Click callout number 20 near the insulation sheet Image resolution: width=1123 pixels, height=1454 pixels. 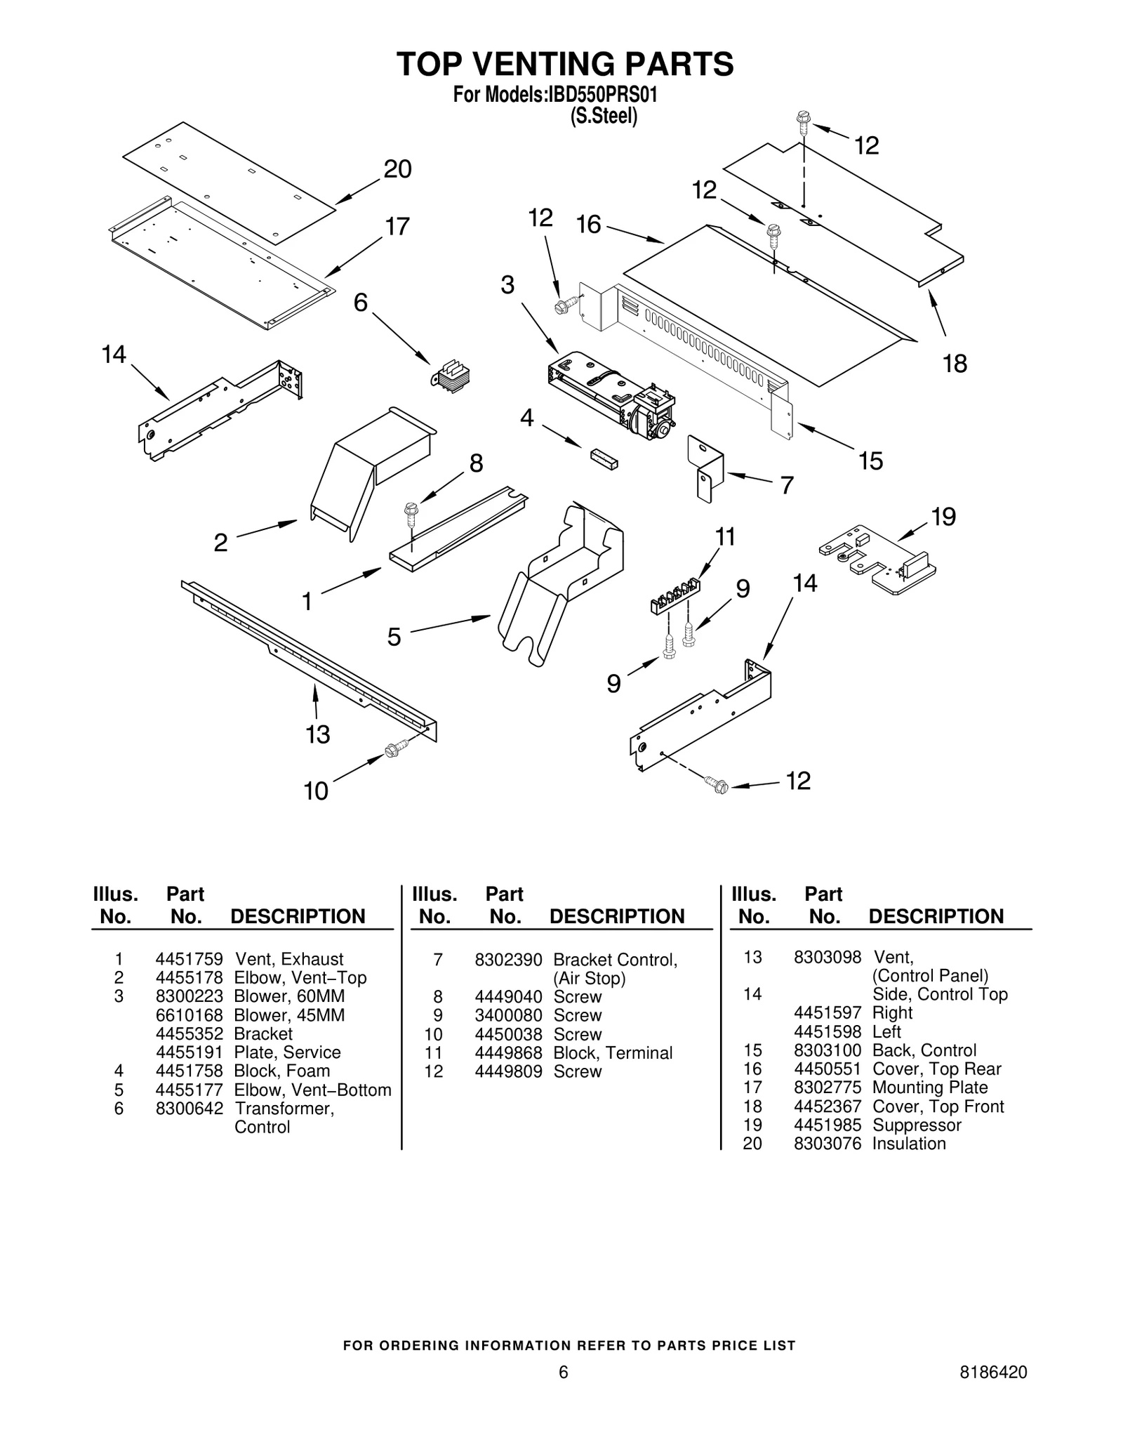(397, 169)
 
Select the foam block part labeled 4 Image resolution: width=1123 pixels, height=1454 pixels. (604, 458)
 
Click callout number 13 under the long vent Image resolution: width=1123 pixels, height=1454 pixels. (317, 734)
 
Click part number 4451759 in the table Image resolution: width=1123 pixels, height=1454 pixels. (189, 959)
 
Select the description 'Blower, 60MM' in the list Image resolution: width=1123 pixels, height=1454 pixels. (289, 996)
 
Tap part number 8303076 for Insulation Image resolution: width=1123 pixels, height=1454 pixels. (827, 1144)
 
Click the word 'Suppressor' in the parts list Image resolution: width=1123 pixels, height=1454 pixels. (916, 1125)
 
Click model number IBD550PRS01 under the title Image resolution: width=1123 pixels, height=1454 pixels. (602, 95)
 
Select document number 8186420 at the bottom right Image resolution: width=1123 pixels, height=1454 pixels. (992, 1373)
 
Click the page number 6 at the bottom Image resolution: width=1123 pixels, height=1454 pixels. (563, 1373)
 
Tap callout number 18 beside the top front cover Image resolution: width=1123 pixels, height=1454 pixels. (955, 364)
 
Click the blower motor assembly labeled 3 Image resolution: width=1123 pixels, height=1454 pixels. (611, 397)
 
